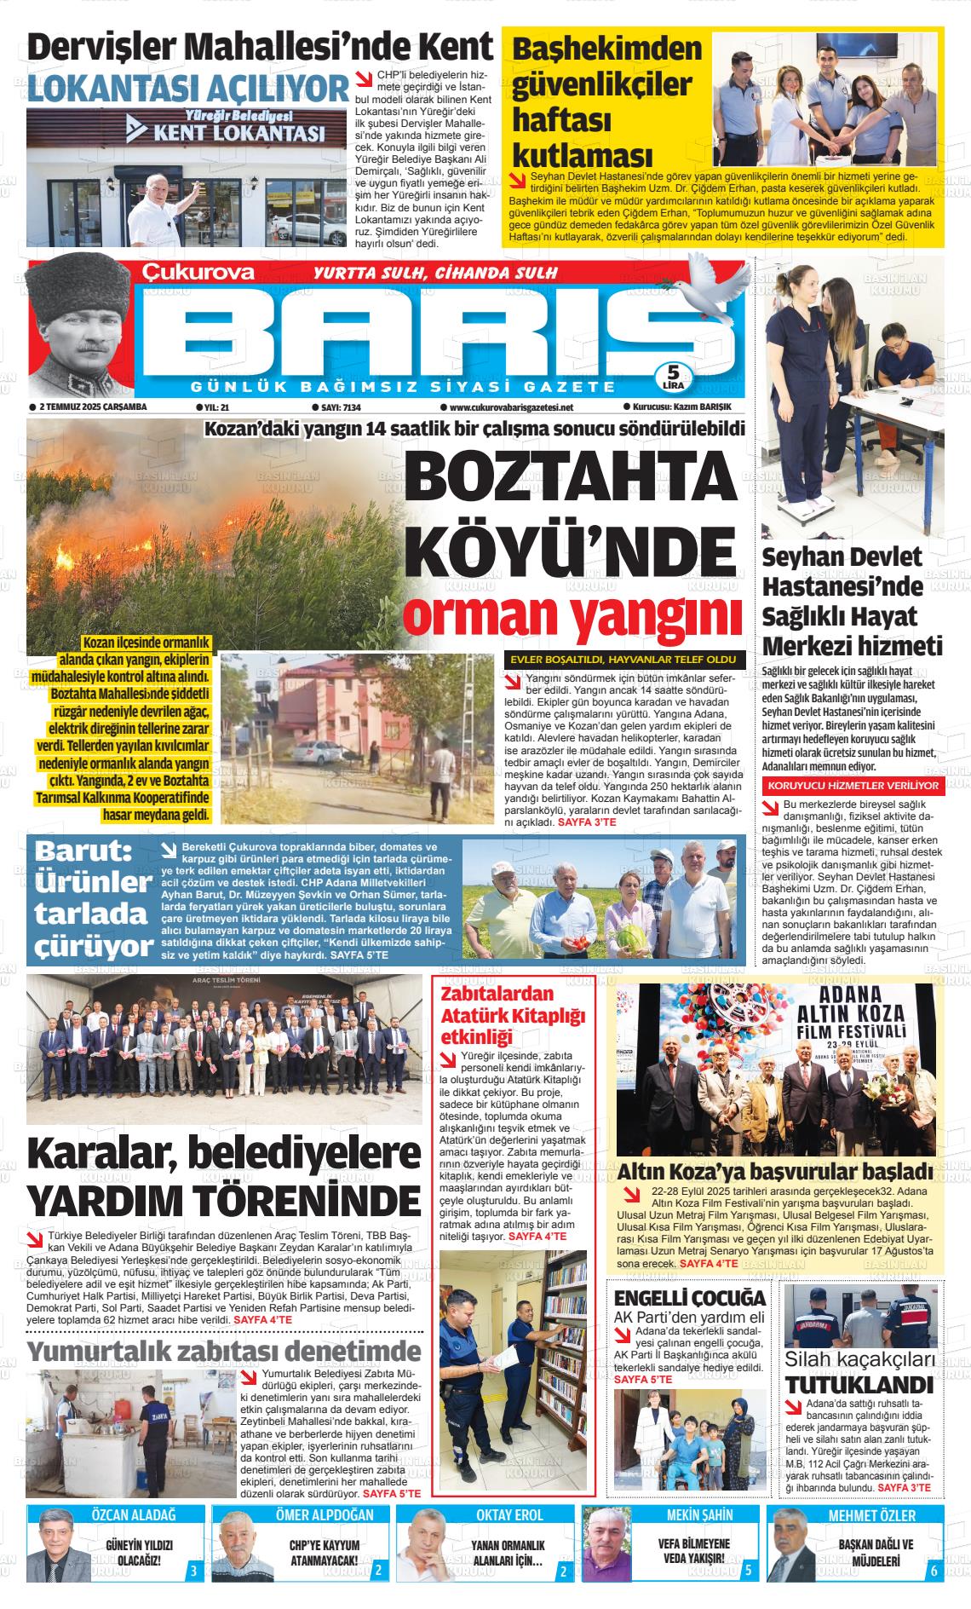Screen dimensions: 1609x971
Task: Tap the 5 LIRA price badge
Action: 673,376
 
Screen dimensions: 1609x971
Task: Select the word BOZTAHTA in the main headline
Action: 570,477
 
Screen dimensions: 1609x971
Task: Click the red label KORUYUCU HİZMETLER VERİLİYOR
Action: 853,784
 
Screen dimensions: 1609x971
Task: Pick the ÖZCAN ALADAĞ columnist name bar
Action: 134,1514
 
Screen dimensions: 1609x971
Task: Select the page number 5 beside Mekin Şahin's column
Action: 747,1570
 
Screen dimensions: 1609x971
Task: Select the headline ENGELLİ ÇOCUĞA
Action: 690,1298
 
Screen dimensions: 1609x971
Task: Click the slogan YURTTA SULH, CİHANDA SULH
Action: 435,274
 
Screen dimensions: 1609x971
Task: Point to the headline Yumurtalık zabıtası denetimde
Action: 224,1351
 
